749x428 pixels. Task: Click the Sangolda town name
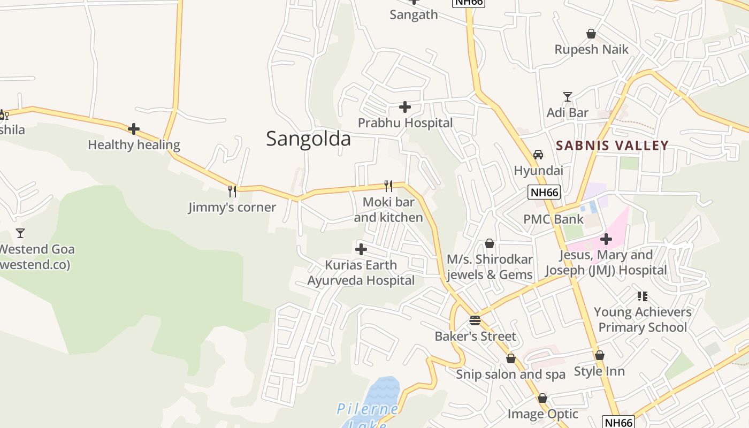pos(308,139)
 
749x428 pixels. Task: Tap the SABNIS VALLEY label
pos(612,145)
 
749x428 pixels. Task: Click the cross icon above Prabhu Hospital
pos(405,107)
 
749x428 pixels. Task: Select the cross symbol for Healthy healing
pos(134,129)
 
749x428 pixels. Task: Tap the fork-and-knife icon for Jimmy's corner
pos(232,191)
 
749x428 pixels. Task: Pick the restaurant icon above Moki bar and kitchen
pos(388,186)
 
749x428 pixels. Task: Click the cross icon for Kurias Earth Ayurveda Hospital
pos(361,249)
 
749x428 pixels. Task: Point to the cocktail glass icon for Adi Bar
pos(568,97)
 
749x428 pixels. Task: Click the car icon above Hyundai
pos(538,155)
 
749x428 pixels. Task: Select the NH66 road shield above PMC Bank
pos(544,192)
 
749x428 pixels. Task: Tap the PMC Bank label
pos(553,219)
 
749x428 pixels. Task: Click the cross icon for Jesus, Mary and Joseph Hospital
pos(606,239)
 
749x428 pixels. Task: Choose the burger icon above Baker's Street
pos(475,320)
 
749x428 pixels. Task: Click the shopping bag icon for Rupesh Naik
pos(591,34)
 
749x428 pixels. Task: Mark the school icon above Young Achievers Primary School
pos(643,296)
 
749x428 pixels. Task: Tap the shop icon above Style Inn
pos(600,355)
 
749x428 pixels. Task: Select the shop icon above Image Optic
pos(542,398)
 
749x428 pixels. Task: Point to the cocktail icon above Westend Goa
pos(20,233)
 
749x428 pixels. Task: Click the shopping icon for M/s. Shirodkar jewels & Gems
pos(490,244)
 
